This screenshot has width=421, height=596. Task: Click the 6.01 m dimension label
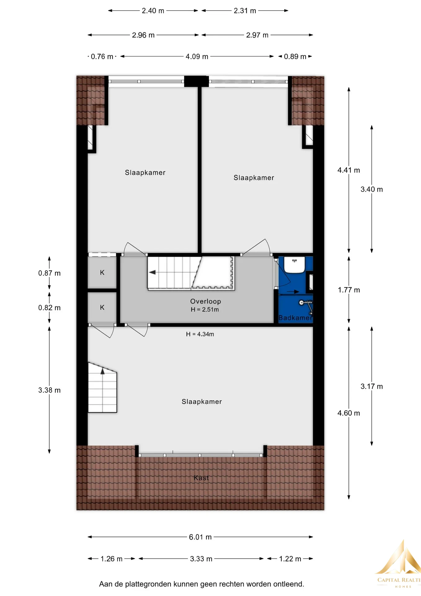[200, 537]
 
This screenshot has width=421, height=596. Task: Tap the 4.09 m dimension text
[197, 56]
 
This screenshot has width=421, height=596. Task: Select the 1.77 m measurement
[349, 290]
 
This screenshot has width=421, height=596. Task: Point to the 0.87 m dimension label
[49, 273]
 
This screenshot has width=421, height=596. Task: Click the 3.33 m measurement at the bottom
[201, 559]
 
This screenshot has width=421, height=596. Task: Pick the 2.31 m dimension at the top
[245, 11]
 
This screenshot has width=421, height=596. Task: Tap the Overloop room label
[206, 301]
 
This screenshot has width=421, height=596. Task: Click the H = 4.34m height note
[200, 334]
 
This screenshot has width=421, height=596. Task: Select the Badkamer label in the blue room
[295, 318]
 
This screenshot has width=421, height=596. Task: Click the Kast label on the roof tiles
[201, 478]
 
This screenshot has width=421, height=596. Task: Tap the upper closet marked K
[102, 273]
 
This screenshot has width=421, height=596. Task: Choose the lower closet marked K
[102, 307]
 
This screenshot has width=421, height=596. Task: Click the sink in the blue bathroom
[294, 264]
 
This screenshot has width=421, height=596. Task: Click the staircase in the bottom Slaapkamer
[102, 387]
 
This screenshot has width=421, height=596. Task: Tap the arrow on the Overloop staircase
[152, 272]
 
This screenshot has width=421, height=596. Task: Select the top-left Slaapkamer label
[145, 173]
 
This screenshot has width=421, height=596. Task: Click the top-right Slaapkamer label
[254, 178]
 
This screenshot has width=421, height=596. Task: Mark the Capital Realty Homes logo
[398, 563]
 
